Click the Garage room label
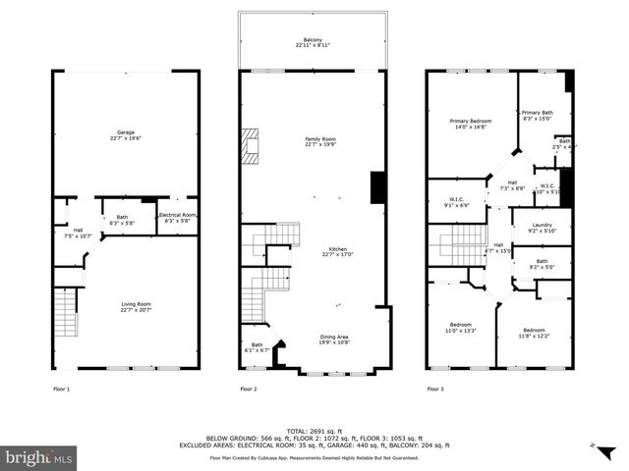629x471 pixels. point(126,134)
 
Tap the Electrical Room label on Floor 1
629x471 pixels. point(178,217)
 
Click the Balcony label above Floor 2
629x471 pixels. point(313,42)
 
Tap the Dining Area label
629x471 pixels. point(334,340)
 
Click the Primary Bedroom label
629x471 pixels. point(471,124)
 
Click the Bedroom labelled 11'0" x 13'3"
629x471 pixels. point(460,328)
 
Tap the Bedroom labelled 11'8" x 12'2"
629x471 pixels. point(534,333)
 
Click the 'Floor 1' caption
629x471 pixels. point(61,390)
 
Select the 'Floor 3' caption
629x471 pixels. point(434,390)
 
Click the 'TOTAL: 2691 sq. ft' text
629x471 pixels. point(314,431)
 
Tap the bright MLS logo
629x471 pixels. point(39,456)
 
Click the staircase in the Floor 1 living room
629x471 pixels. point(64,315)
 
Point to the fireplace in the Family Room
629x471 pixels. point(253,147)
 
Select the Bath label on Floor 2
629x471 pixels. point(257,346)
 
